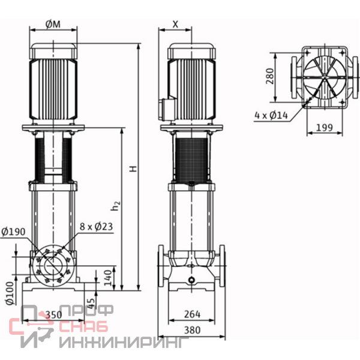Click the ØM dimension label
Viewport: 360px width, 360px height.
[53, 24]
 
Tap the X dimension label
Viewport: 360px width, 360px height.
[175, 24]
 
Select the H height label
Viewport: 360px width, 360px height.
[133, 169]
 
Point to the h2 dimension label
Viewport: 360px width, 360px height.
[115, 206]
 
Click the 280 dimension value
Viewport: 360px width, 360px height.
[270, 76]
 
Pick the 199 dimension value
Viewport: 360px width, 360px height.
[324, 127]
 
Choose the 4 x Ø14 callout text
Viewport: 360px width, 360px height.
[271, 115]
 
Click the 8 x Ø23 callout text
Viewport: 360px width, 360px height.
[96, 227]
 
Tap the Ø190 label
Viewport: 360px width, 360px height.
[13, 232]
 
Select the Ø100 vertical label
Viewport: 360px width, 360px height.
[10, 293]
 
